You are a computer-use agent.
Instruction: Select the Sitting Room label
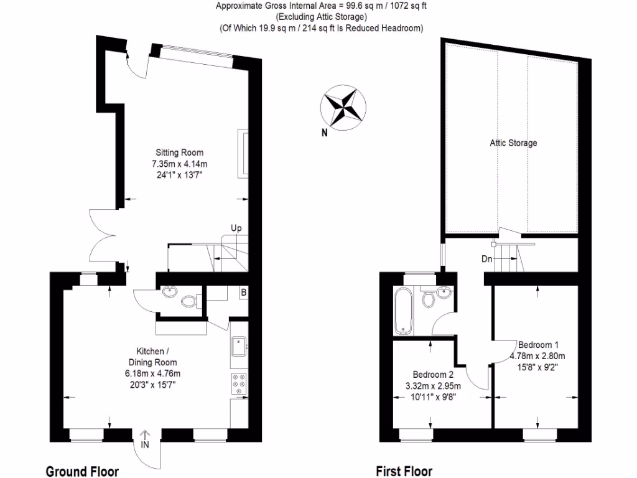click(179, 152)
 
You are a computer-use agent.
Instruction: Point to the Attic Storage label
click(513, 143)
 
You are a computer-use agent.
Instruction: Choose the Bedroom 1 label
click(538, 345)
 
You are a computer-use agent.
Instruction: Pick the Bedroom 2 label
click(434, 375)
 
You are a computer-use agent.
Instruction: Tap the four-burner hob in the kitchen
click(239, 384)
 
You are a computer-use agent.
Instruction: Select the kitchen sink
click(239, 346)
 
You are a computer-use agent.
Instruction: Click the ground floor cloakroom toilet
click(189, 302)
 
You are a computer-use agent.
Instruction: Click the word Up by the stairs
click(236, 228)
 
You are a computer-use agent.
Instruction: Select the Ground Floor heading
click(82, 471)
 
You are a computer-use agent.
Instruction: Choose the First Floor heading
click(404, 471)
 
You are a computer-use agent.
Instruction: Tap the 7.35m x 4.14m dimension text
click(179, 164)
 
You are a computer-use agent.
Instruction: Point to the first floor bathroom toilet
click(428, 299)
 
